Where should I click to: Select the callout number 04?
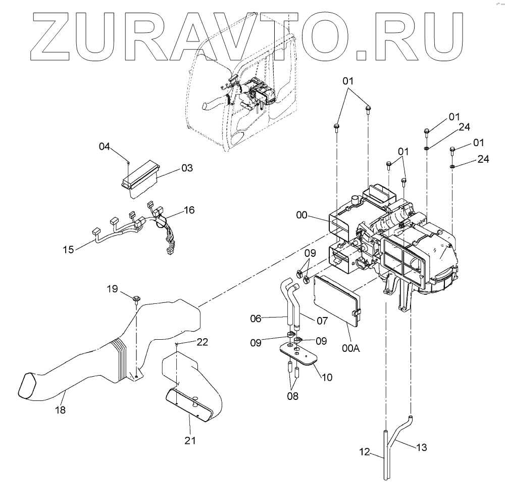(104, 147)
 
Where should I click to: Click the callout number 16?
(189, 210)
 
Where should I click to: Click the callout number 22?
(202, 342)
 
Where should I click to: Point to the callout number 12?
(364, 451)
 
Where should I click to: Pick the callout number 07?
(322, 321)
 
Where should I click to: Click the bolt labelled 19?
(137, 300)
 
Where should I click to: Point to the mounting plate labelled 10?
(298, 353)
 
